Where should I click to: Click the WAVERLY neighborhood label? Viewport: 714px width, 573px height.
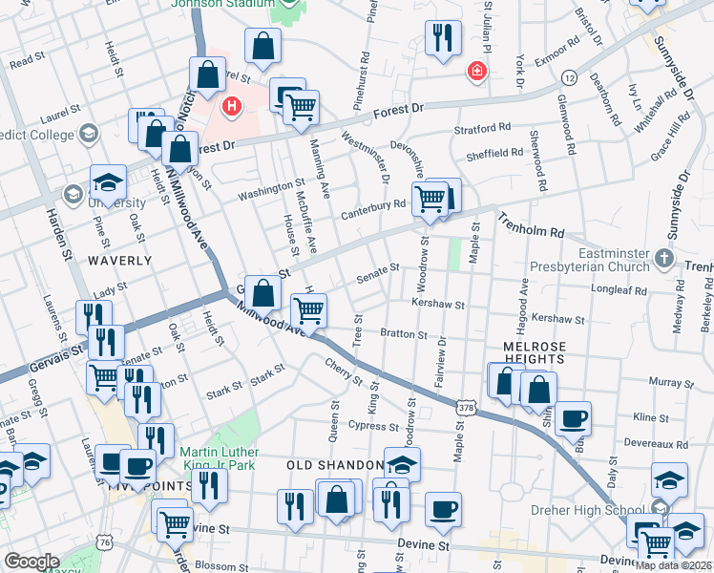coord(120,260)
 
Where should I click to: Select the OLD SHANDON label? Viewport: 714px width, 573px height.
coord(335,464)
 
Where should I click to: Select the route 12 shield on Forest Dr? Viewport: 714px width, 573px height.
coord(569,75)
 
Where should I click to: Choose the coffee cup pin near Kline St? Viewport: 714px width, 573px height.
coord(574,418)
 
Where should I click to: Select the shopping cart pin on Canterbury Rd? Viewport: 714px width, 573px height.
coord(430,200)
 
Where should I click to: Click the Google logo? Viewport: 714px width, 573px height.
coord(31,562)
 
